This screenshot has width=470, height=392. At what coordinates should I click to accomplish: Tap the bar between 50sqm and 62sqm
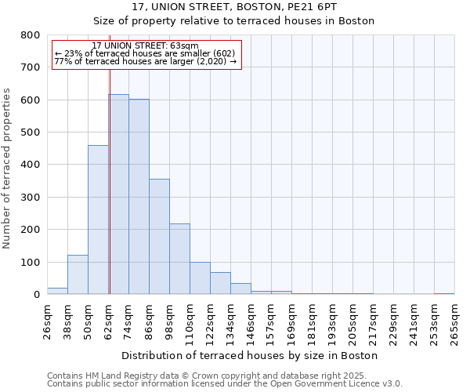coord(98,220)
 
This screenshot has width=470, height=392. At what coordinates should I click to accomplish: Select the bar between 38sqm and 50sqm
coord(78,274)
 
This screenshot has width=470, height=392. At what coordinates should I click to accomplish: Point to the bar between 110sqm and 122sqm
coord(200,278)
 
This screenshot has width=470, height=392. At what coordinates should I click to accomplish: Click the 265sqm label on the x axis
coord(454,321)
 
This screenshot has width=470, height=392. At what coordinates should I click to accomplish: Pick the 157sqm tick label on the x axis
coord(272,321)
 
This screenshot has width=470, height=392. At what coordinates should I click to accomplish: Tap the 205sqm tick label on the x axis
coord(353,321)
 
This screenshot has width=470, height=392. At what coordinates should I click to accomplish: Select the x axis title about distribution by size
coord(251,355)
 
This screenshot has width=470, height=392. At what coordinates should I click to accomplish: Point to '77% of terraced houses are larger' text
coord(146,61)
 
